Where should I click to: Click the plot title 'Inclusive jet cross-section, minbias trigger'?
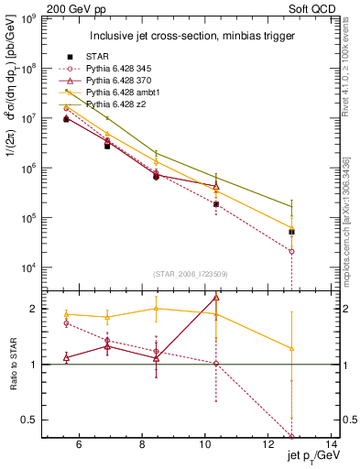pyautogui.click(x=190, y=36)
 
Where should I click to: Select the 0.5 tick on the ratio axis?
pyautogui.click(x=33, y=420)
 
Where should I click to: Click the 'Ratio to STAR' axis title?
pyautogui.click(x=14, y=365)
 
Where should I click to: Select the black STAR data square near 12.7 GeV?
pyautogui.click(x=291, y=232)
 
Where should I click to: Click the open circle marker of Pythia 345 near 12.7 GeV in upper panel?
pyautogui.click(x=291, y=251)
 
